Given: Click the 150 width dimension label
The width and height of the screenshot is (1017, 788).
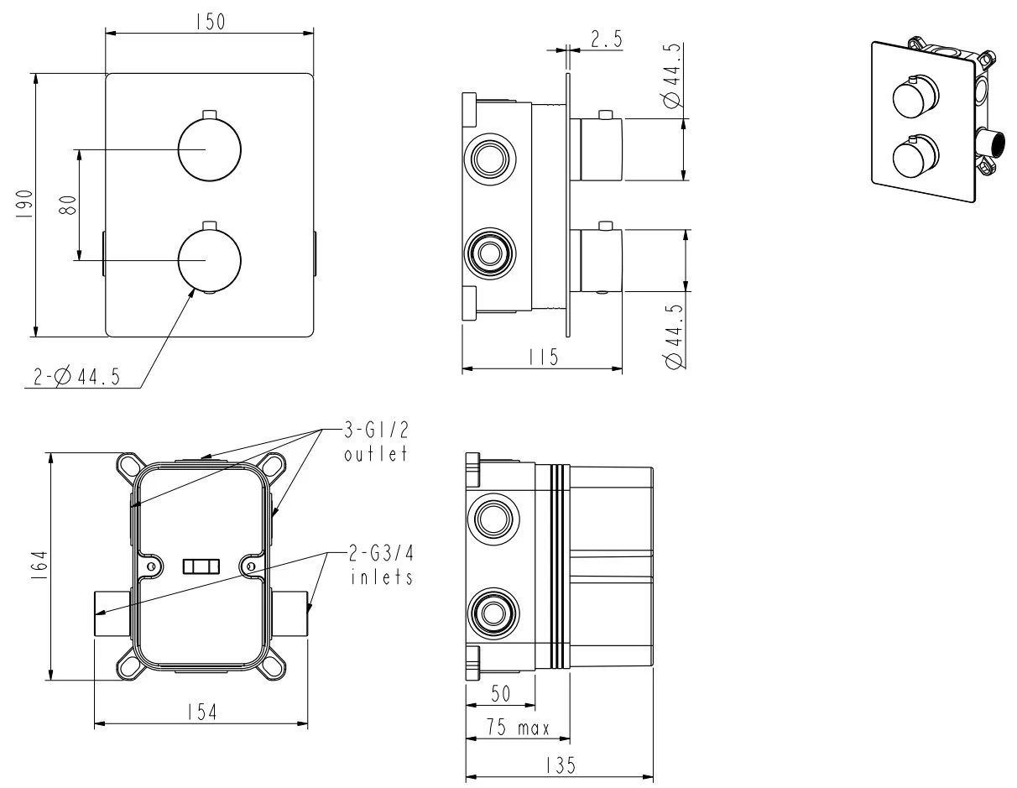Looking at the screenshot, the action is point(210,22).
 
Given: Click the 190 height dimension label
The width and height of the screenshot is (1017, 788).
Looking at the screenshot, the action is point(24,204).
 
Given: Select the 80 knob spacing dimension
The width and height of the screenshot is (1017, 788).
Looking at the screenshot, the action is point(67,205).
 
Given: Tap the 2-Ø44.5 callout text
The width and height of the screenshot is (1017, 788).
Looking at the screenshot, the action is point(76,376).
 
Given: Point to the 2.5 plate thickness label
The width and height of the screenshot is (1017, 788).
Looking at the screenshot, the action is point(607,39).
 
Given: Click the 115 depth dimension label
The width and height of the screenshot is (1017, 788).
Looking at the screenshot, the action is point(544,357).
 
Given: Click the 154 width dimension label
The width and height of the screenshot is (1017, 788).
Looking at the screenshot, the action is point(202,712).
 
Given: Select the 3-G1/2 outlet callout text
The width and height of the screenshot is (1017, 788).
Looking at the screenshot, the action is point(376,441).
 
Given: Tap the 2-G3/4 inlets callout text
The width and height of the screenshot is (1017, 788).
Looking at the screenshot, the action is point(382,566).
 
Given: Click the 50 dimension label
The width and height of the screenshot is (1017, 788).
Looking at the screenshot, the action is point(500,693).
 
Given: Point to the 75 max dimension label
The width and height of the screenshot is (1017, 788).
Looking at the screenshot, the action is point(518,728).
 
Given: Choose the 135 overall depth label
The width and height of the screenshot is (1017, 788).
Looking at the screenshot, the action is point(561,766).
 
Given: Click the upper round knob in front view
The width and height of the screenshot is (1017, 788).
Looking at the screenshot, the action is point(210,149).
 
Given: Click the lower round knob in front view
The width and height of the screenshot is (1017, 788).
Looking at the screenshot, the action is point(210,259).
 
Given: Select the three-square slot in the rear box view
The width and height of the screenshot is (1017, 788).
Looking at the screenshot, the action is point(201,566).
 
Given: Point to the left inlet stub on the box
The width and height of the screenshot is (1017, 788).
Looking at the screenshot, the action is point(112,613).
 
